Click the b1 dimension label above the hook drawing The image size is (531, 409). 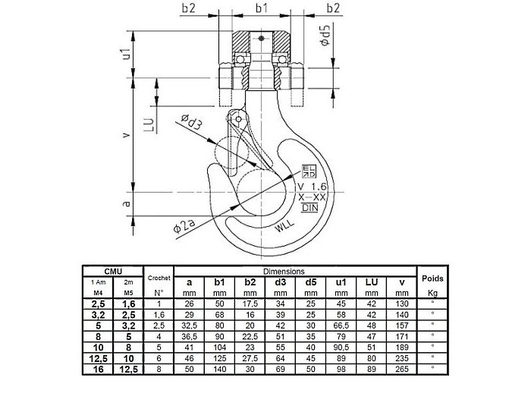coord(261,8)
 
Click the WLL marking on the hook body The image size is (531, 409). coord(284,225)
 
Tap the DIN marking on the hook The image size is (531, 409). coord(309,207)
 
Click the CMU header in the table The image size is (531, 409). coord(113,271)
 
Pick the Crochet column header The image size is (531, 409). coord(159,279)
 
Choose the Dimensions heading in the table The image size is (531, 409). coord(283,271)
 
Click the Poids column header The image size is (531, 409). coord(432,278)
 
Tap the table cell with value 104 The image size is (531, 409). coord(220,346)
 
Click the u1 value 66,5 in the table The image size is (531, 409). coord(341,324)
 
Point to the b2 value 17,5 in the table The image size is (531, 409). coord(250,303)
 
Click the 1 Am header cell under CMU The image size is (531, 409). coord(98,282)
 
